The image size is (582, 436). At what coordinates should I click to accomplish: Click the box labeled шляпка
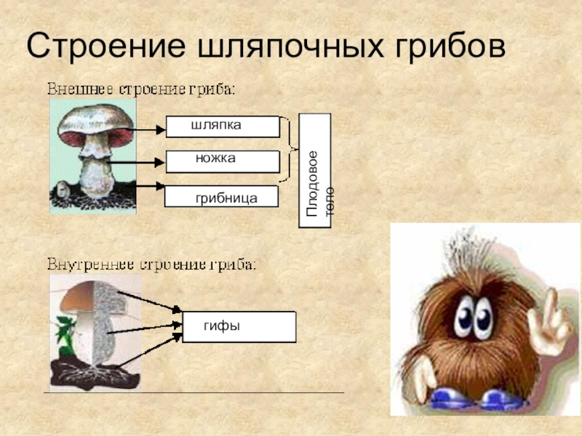point(223,126)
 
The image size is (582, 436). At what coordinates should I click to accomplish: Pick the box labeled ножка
point(223,161)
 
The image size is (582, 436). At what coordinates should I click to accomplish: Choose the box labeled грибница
point(222,197)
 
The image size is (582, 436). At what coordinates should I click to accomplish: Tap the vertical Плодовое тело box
point(315,171)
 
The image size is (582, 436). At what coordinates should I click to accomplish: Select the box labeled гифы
point(239,327)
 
